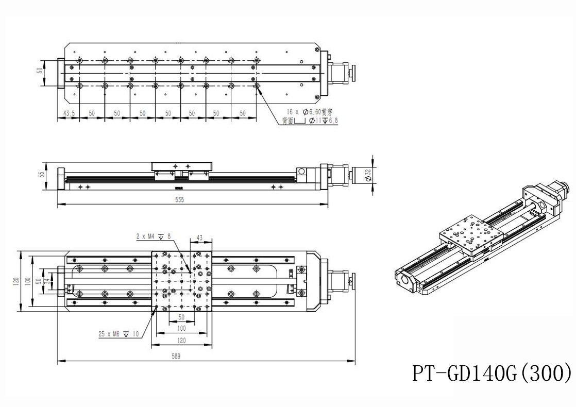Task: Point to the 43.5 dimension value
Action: [67, 113]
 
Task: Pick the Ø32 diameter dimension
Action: [368, 175]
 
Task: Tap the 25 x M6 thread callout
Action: [118, 334]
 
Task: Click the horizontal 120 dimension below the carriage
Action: [181, 341]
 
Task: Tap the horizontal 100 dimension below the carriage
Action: [181, 328]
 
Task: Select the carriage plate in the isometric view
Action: [470, 234]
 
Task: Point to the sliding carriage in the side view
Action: [181, 167]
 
